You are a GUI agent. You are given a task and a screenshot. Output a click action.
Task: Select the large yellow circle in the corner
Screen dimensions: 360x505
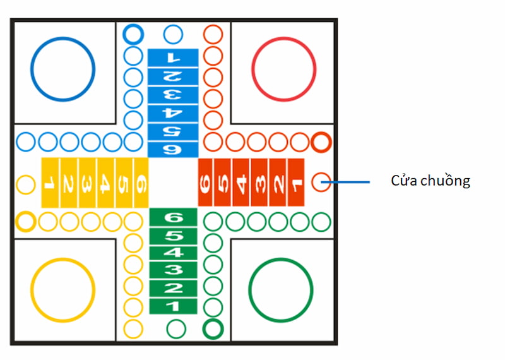pos(62,289)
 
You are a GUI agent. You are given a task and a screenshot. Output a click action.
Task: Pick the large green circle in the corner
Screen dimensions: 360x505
pos(281,289)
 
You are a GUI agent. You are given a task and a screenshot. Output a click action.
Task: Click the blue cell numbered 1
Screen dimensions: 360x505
pos(173,57)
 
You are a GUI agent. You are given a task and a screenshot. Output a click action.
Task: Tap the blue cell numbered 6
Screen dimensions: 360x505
pos(173,150)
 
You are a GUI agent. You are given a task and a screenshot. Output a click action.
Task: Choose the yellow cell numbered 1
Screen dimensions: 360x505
pos(50,183)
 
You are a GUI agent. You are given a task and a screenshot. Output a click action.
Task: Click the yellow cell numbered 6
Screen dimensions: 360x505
pos(141,183)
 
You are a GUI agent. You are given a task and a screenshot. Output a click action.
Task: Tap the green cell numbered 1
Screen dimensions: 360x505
pos(173,307)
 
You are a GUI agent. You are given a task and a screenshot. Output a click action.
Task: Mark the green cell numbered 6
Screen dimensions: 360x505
pos(173,217)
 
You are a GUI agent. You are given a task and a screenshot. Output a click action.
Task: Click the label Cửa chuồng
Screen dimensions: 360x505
pos(431,181)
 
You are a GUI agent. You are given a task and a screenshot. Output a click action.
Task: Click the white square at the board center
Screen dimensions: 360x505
pos(174,183)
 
